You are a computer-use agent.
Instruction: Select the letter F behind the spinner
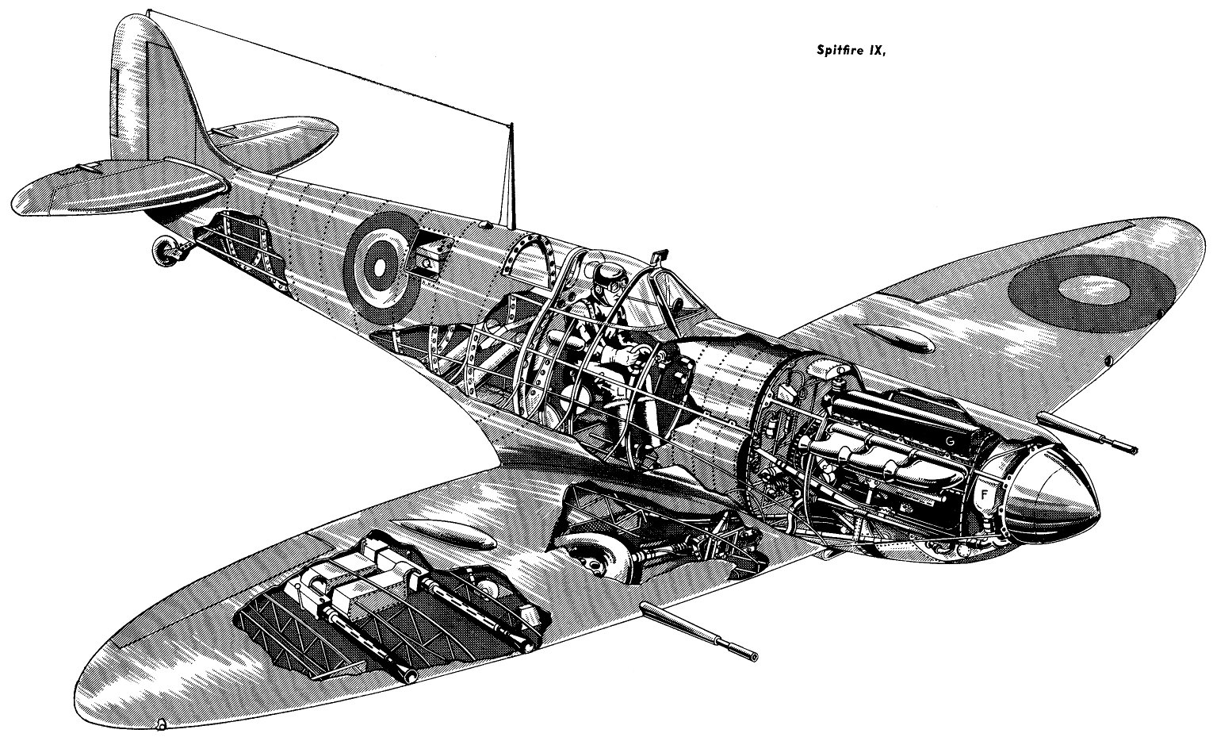pyautogui.click(x=985, y=494)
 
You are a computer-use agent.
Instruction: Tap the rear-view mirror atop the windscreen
pyautogui.click(x=657, y=255)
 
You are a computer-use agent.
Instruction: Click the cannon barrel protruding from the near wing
pyautogui.click(x=698, y=632)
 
